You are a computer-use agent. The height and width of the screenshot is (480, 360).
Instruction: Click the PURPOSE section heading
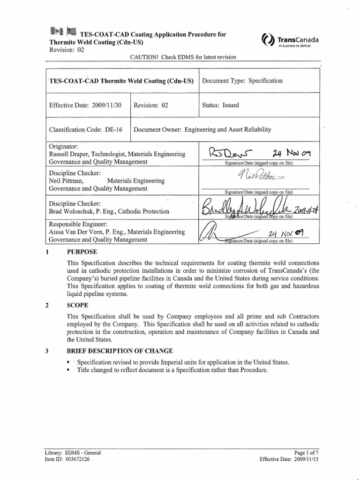pos(82,252)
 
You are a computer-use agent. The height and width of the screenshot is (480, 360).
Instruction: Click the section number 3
pos(47,351)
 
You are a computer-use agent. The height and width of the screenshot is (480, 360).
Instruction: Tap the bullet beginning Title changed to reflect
pos(172,370)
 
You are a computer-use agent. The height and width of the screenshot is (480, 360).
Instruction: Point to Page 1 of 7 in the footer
pos(303,453)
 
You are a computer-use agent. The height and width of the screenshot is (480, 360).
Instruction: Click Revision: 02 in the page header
pos(67,50)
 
